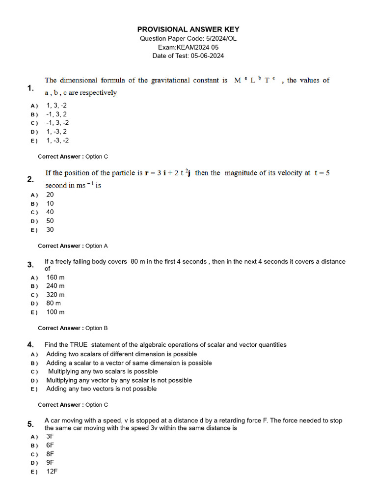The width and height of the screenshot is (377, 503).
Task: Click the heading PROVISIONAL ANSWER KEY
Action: [188, 29]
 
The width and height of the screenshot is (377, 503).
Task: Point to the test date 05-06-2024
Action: [207, 56]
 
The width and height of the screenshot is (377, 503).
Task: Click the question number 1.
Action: [30, 88]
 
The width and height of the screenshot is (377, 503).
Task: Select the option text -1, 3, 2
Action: [56, 114]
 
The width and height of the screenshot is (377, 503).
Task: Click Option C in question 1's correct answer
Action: [97, 157]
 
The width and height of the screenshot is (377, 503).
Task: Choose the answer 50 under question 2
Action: [50, 221]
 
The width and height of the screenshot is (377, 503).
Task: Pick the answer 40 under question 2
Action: [50, 212]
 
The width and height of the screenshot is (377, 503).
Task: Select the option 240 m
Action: [55, 286]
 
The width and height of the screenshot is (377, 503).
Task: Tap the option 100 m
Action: [55, 312]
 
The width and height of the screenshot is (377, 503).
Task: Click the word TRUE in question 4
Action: [79, 345]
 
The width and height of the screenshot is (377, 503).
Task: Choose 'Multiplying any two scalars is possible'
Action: [103, 371]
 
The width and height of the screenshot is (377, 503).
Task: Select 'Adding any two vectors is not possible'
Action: [102, 389]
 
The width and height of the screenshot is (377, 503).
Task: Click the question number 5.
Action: [30, 424]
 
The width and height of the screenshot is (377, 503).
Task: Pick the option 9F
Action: [50, 462]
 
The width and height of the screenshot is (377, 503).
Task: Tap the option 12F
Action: [52, 471]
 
